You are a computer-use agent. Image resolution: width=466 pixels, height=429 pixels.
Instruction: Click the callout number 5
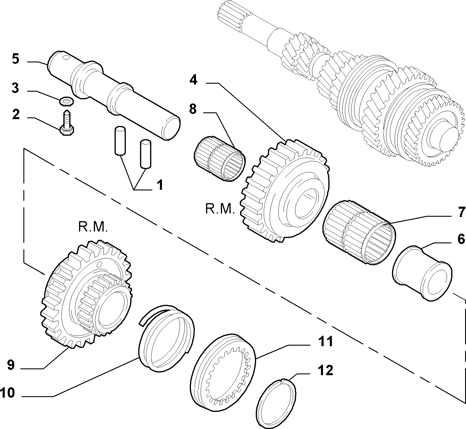(x=15, y=59)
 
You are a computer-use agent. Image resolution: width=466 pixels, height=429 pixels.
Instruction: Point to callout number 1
(x=159, y=186)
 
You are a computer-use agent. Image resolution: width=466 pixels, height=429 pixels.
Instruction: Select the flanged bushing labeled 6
(x=422, y=273)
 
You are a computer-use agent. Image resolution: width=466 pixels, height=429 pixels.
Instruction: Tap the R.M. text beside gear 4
(x=220, y=209)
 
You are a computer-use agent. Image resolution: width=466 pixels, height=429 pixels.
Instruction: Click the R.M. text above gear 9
(x=93, y=227)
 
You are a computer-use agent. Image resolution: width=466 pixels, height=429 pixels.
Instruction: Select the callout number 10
(x=7, y=394)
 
